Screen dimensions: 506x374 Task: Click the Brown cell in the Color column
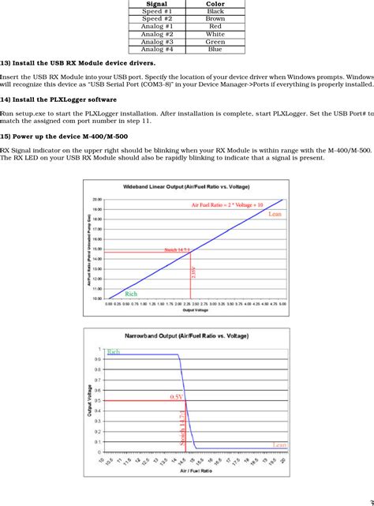215,19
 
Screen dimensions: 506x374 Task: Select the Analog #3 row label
157,42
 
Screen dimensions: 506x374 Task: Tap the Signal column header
157,4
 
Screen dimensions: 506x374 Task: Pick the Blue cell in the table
215,49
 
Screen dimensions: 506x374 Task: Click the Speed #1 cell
157,12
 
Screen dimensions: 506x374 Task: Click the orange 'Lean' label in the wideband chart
275,214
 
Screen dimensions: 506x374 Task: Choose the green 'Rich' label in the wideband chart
131,294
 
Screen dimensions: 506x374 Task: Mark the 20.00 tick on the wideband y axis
96,201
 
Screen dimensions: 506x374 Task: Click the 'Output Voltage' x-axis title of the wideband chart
193,310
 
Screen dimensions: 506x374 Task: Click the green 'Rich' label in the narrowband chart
113,352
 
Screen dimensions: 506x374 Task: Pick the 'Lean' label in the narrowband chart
279,445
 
